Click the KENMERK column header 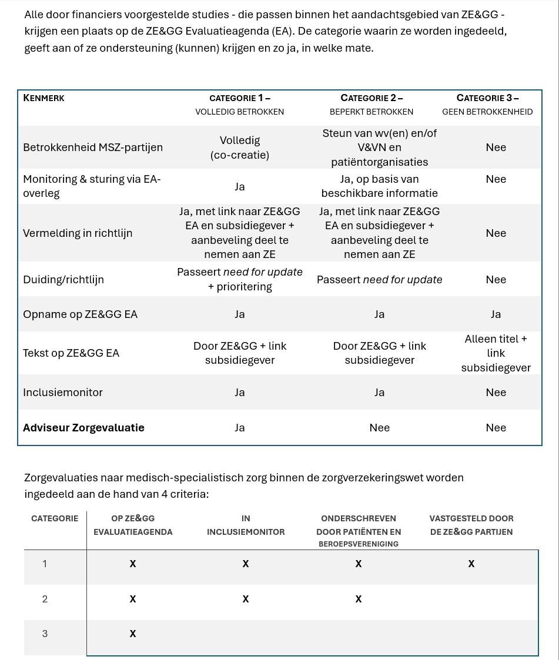point(43,98)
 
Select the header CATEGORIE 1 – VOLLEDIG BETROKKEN point(240,105)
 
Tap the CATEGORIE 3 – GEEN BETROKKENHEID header point(487,105)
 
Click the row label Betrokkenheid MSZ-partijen point(93,148)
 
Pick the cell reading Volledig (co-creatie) point(240,148)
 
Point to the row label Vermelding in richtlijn point(78,233)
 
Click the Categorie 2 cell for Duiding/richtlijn point(379,280)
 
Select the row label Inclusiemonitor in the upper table point(63,393)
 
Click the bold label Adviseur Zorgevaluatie point(83,428)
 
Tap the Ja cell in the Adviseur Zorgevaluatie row point(240,428)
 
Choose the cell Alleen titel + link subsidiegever point(496,353)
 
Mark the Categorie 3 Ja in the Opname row point(496,314)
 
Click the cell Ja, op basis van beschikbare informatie point(379,186)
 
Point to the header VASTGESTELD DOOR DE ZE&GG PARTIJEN point(471,525)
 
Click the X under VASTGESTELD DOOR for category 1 point(471,564)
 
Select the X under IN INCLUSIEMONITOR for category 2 point(246,599)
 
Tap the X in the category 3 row point(133,634)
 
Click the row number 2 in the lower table point(45,599)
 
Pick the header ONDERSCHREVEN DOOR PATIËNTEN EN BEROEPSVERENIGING point(359,531)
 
